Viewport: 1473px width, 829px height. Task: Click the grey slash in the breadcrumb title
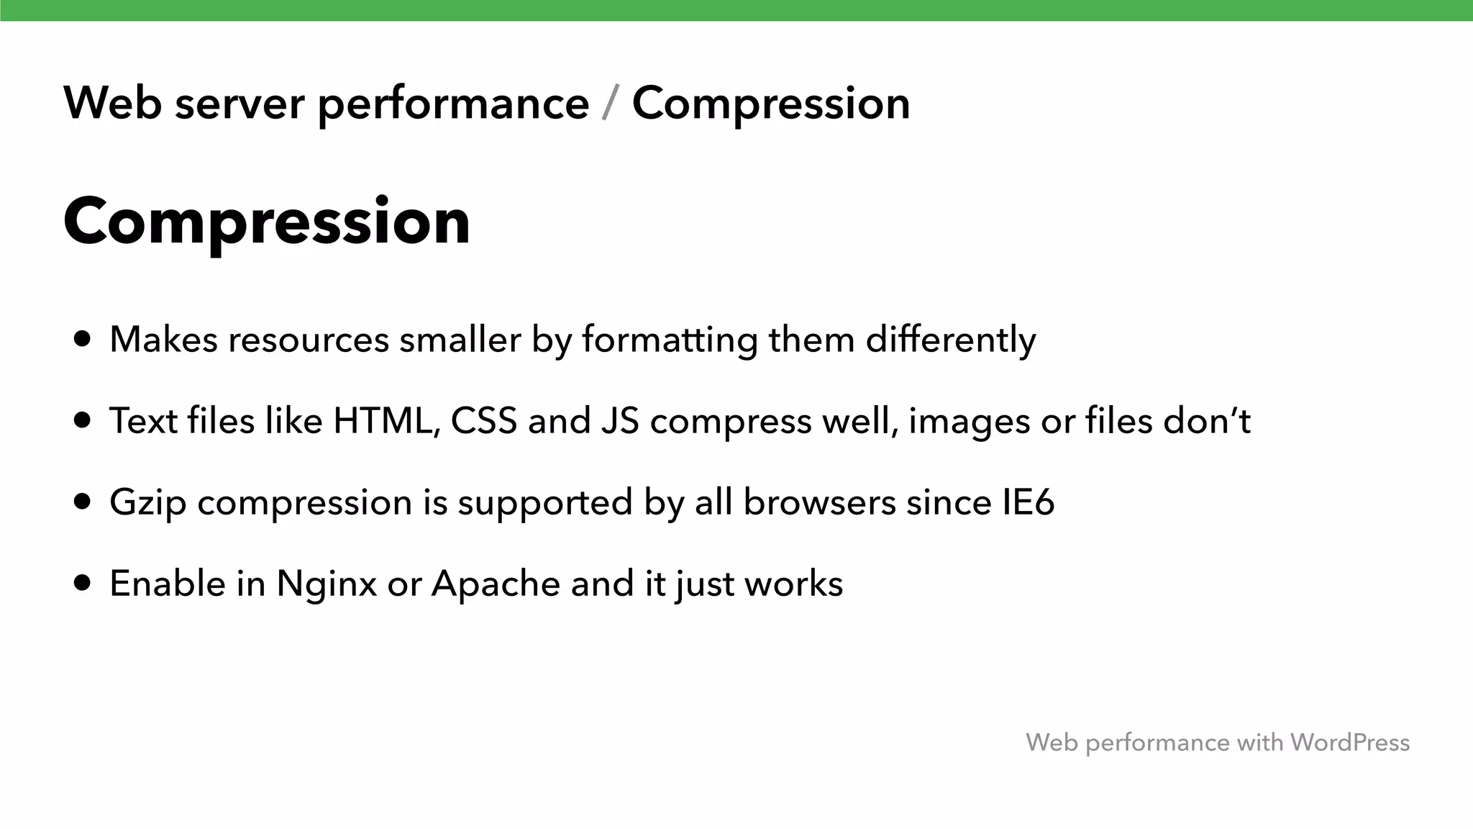pos(610,104)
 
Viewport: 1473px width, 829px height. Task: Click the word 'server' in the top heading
pos(240,104)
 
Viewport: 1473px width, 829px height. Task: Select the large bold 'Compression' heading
pos(267,221)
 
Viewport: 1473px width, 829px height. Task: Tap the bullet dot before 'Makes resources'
pos(83,339)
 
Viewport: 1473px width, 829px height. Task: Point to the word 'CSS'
pos(483,420)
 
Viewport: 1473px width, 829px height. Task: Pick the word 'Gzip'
pos(147,502)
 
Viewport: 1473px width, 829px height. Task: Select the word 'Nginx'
pos(327,584)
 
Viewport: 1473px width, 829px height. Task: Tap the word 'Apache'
pos(496,584)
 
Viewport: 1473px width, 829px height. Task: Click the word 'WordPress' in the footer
pos(1349,742)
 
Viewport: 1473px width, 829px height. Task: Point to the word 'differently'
pos(950,340)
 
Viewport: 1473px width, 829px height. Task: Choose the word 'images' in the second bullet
pos(969,422)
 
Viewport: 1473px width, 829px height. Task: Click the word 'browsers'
pos(819,502)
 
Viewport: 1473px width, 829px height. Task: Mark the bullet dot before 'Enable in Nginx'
pos(83,583)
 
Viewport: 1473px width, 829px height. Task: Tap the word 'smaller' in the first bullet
pos(460,339)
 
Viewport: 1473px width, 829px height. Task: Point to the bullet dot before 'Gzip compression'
pos(83,502)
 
